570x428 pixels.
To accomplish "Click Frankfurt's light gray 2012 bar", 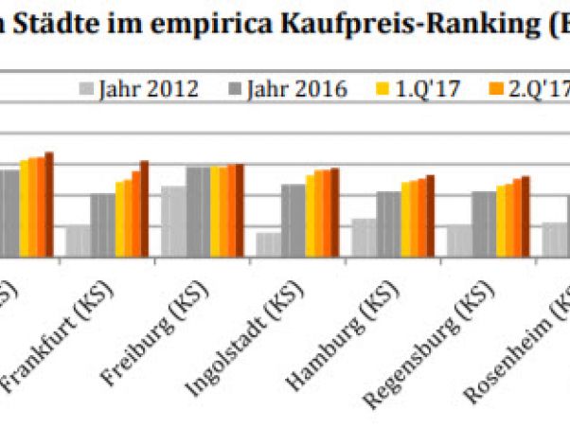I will click(x=78, y=241).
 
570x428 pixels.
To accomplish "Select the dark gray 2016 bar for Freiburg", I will click(x=198, y=211).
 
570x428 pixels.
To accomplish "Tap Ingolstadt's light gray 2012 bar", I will click(x=268, y=244).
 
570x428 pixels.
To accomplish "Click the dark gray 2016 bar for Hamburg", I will click(x=389, y=223).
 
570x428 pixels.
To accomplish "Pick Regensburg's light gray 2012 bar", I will click(x=459, y=241).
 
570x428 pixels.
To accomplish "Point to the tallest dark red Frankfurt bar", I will click(x=144, y=208).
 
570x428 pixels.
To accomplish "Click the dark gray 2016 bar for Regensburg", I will click(x=484, y=223).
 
